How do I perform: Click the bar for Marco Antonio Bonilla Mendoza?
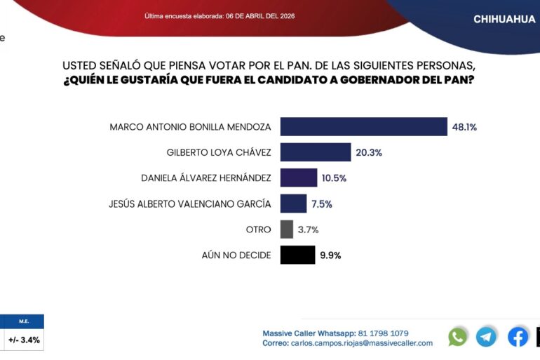pyautogui.click(x=363, y=127)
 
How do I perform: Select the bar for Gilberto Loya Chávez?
pyautogui.click(x=316, y=152)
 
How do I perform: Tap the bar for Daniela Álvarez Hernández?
pyautogui.click(x=299, y=178)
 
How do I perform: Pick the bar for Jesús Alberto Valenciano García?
pyautogui.click(x=293, y=204)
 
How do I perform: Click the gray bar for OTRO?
pyautogui.click(x=286, y=229)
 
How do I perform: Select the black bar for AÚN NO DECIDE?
pyautogui.click(x=297, y=255)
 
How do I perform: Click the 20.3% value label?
pyautogui.click(x=369, y=152)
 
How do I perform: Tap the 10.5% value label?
pyautogui.click(x=335, y=178)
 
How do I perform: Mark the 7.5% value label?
pyautogui.click(x=321, y=204)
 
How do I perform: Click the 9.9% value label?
pyautogui.click(x=330, y=255)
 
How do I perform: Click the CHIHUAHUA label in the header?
pyautogui.click(x=504, y=19)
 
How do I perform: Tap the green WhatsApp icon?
pyautogui.click(x=457, y=337)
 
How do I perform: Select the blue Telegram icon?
pyautogui.click(x=486, y=337)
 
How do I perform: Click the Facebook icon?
pyautogui.click(x=518, y=337)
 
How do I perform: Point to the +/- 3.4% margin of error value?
pyautogui.click(x=24, y=340)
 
